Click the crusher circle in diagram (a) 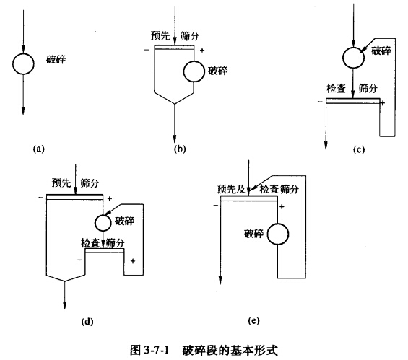pyautogui.click(x=23, y=53)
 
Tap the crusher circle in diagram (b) pyautogui.click(x=194, y=61)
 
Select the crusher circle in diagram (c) pyautogui.click(x=353, y=47)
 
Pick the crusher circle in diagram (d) pyautogui.click(x=103, y=215)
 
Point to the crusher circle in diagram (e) pyautogui.click(x=277, y=224)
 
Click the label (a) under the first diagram pyautogui.click(x=39, y=149)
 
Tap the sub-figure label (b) pyautogui.click(x=180, y=149)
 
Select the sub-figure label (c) pyautogui.click(x=359, y=149)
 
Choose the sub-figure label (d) pyautogui.click(x=87, y=322)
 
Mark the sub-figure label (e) pyautogui.click(x=253, y=321)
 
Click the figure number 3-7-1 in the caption pyautogui.click(x=156, y=351)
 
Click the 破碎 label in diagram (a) pyautogui.click(x=56, y=60)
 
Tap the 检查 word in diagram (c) pyautogui.click(x=337, y=89)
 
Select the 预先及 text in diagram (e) pyautogui.click(x=231, y=189)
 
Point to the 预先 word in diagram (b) pyautogui.click(x=160, y=35)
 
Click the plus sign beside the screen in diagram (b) pyautogui.click(x=202, y=50)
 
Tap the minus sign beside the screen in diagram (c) pyautogui.click(x=321, y=102)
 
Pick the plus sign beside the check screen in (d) pyautogui.click(x=133, y=260)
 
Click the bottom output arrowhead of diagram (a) pyautogui.click(x=23, y=111)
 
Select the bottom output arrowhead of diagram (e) pyautogui.click(x=220, y=280)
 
